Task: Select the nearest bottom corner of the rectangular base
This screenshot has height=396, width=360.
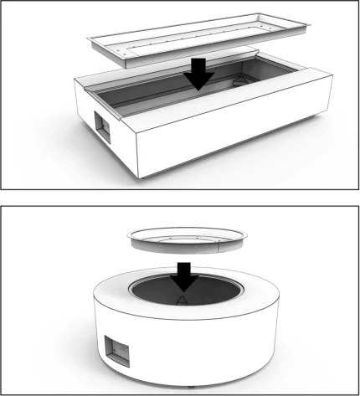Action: [140, 177]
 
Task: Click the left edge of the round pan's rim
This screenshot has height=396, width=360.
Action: [128, 238]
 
